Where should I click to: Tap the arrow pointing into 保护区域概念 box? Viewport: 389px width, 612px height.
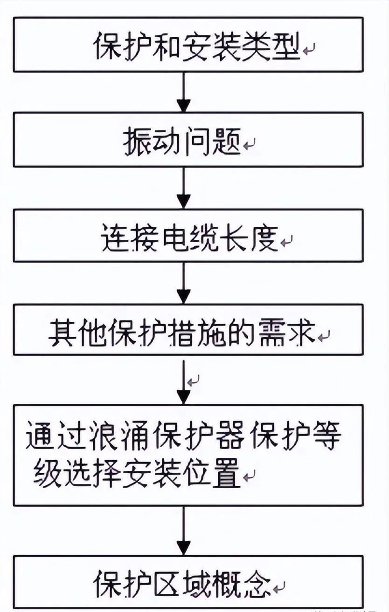click(x=185, y=531)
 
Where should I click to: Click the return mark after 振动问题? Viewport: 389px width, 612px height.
click(x=249, y=144)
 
